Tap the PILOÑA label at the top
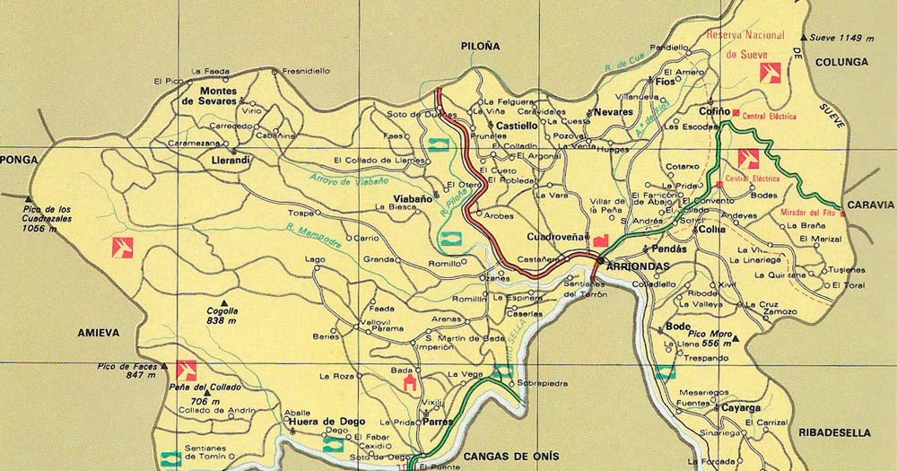(x=480, y=46)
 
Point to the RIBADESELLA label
(x=833, y=432)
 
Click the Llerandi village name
(x=231, y=160)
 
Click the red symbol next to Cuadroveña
(x=600, y=239)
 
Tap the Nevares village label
(x=613, y=112)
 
